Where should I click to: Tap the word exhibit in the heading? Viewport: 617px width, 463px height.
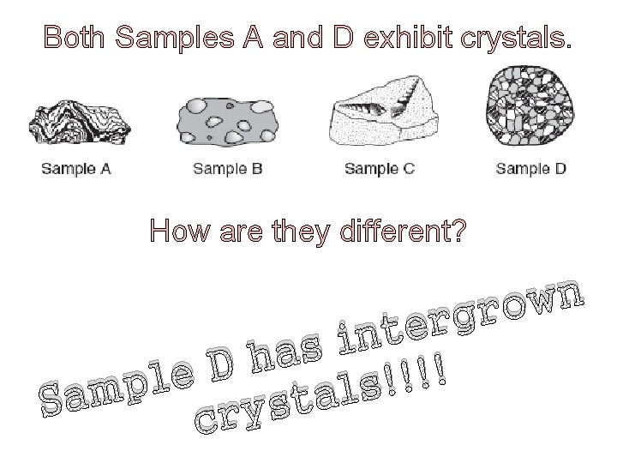[405, 39]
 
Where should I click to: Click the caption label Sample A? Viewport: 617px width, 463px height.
[76, 168]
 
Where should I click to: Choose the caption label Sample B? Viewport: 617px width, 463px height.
[227, 168]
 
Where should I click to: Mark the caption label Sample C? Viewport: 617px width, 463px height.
[380, 168]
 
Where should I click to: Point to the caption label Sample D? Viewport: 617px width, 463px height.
[530, 168]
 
